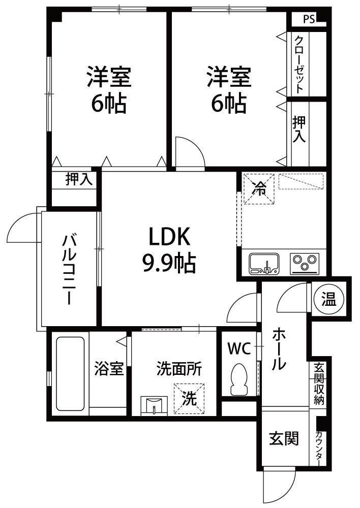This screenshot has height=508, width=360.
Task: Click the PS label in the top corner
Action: [x=309, y=19]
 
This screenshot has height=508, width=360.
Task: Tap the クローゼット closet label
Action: [x=299, y=64]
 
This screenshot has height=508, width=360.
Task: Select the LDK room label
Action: [x=169, y=236]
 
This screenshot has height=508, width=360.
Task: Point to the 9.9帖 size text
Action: [x=169, y=263]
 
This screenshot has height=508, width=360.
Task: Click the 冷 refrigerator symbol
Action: [x=259, y=189]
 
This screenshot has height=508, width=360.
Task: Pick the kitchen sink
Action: [x=264, y=263]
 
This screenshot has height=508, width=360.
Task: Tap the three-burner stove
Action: [x=305, y=263]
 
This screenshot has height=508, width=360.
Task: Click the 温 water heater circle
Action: [x=329, y=299]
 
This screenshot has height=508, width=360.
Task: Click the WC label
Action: [x=239, y=349]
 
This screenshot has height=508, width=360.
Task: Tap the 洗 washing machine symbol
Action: [x=189, y=398]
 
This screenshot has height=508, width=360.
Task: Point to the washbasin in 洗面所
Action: [x=154, y=405]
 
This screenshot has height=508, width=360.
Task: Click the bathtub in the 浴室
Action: [x=70, y=373]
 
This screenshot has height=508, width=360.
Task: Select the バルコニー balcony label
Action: [x=69, y=270]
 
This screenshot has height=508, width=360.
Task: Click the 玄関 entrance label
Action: [x=284, y=439]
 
